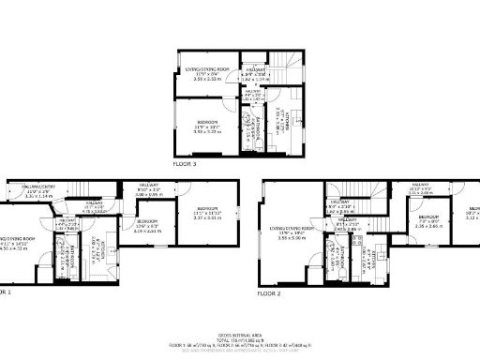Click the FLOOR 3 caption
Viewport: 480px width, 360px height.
[x=185, y=163]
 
